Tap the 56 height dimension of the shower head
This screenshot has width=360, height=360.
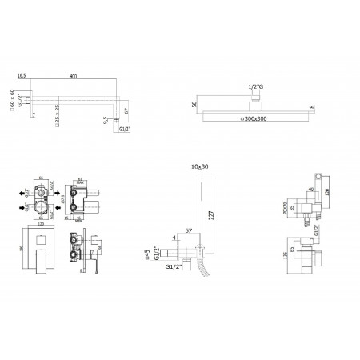click(x=194, y=104)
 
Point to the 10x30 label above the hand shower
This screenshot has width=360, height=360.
click(x=198, y=166)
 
